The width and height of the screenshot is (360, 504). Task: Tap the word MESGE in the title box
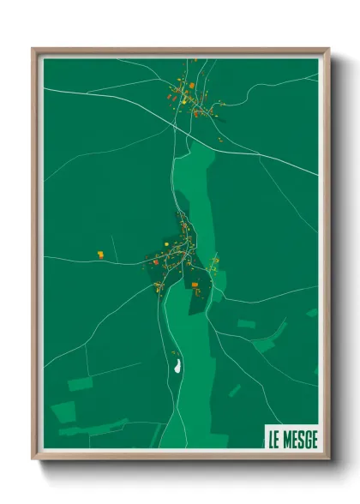(x=301, y=440)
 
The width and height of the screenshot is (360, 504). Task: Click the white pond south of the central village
(x=177, y=366)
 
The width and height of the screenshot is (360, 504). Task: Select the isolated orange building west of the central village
(x=100, y=254)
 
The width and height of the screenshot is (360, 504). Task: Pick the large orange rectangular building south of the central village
(x=195, y=284)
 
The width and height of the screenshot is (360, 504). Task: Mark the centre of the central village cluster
(x=182, y=253)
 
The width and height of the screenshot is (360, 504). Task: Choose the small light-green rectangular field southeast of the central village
(x=247, y=324)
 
